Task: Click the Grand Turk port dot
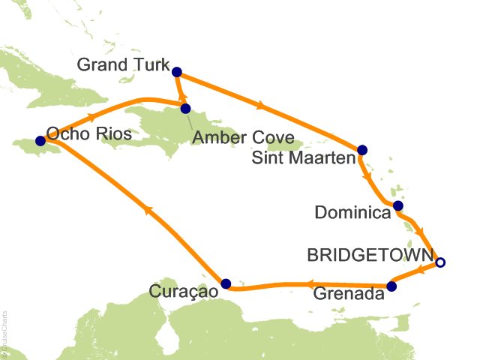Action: (177, 72)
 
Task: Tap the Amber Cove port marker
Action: (185, 108)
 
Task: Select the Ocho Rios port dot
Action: (40, 140)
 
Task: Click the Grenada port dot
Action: (391, 286)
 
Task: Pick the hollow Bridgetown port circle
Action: (440, 262)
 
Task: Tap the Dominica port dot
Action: (398, 205)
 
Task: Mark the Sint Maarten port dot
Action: (362, 149)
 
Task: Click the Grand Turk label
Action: (124, 66)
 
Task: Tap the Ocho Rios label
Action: (89, 134)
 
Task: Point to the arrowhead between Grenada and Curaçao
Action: (307, 284)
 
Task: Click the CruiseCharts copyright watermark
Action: (5, 331)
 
